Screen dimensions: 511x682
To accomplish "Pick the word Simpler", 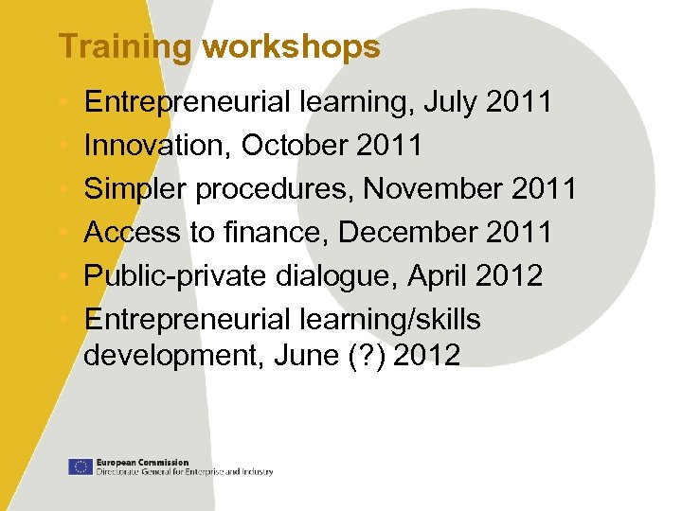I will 135,189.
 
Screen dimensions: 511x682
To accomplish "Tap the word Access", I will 130,233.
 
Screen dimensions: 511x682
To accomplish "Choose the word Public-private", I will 176,276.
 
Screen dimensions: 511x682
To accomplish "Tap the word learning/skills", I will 390,320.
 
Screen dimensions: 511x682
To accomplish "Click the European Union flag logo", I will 80,466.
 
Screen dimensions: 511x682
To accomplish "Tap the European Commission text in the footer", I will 142,462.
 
